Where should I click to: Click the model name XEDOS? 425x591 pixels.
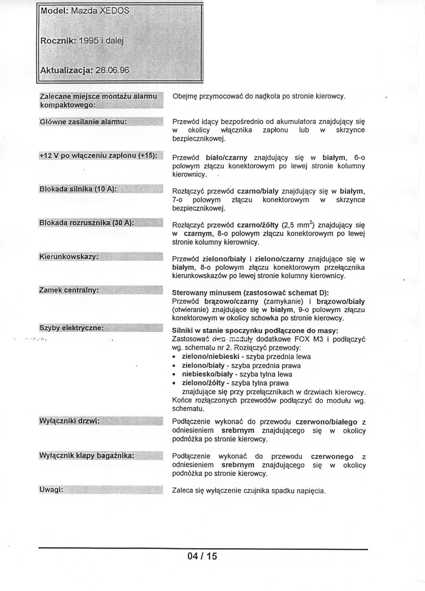pos(114,11)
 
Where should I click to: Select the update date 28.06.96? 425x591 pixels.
pos(112,70)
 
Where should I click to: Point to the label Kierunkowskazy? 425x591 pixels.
pos(69,257)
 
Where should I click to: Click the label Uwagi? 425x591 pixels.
pos(51,490)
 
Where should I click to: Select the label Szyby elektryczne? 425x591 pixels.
pos(71,328)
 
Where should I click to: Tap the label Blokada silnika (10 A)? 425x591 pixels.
pos(77,189)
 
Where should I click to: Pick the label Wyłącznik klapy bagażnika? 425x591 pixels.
pos(86,455)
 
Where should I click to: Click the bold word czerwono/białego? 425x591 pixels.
pos(326,422)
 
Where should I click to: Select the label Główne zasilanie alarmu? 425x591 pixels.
pos(83,122)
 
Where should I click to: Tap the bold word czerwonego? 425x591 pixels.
pos(332,456)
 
